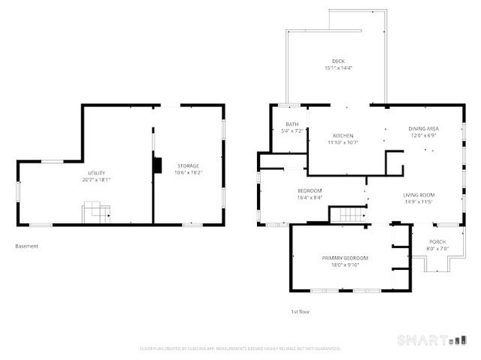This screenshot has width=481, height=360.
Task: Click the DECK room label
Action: click(338, 61)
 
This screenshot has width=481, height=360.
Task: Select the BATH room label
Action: click(292, 124)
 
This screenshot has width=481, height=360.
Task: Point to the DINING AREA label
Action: click(424, 129)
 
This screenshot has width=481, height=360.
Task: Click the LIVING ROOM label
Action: click(419, 195)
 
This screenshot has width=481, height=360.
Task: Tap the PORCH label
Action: click(437, 242)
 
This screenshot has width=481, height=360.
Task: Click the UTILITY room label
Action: click(96, 173)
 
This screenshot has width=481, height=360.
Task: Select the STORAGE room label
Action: click(188, 165)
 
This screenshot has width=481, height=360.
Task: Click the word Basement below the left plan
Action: click(26, 246)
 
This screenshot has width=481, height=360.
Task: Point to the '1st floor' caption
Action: click(300, 311)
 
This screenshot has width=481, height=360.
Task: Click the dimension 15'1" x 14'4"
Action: click(338, 68)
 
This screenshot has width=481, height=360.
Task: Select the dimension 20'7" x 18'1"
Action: click(96, 180)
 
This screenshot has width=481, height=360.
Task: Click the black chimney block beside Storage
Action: click(157, 165)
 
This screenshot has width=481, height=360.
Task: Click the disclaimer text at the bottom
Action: click(240, 349)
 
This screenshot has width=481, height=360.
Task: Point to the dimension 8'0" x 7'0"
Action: click(437, 249)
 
